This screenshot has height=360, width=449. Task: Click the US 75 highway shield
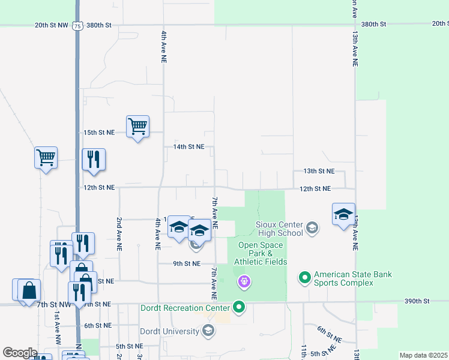76,25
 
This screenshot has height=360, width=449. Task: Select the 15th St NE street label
98,132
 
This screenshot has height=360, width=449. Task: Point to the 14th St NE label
188,146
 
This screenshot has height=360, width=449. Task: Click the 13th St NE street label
318,171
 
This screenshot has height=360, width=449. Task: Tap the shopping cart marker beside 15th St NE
138,127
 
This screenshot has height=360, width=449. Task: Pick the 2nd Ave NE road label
119,233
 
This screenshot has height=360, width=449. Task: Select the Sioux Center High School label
279,229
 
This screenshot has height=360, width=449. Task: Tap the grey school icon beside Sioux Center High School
312,227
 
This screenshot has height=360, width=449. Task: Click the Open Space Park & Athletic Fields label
262,253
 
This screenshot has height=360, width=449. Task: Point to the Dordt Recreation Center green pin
240,308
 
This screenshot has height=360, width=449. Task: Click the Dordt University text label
169,331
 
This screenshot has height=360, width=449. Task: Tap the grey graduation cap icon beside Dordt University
208,330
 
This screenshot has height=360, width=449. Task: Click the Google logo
20,353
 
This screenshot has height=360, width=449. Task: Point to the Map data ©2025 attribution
423,355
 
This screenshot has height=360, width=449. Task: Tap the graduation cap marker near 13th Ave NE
343,214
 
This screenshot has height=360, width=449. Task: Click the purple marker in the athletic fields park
244,280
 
